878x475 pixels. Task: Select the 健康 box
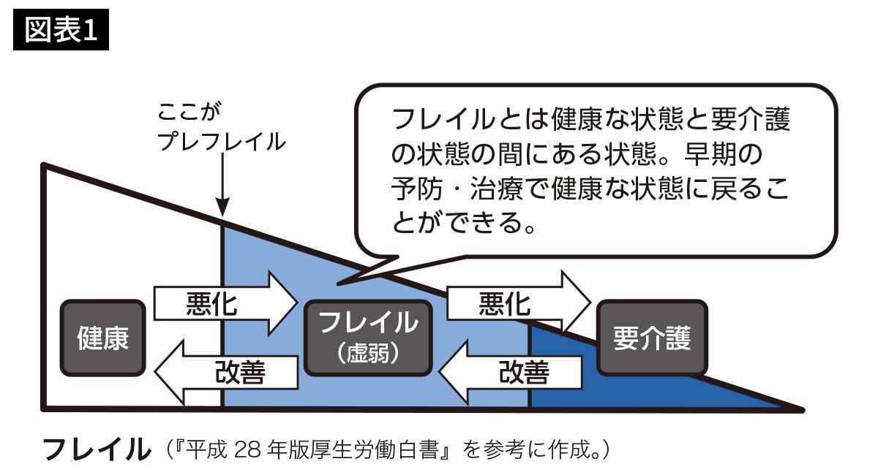pyautogui.click(x=102, y=338)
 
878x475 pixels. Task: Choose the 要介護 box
pyautogui.click(x=652, y=337)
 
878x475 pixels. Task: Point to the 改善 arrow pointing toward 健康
pyautogui.click(x=227, y=372)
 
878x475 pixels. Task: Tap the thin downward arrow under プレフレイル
pyautogui.click(x=222, y=186)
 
